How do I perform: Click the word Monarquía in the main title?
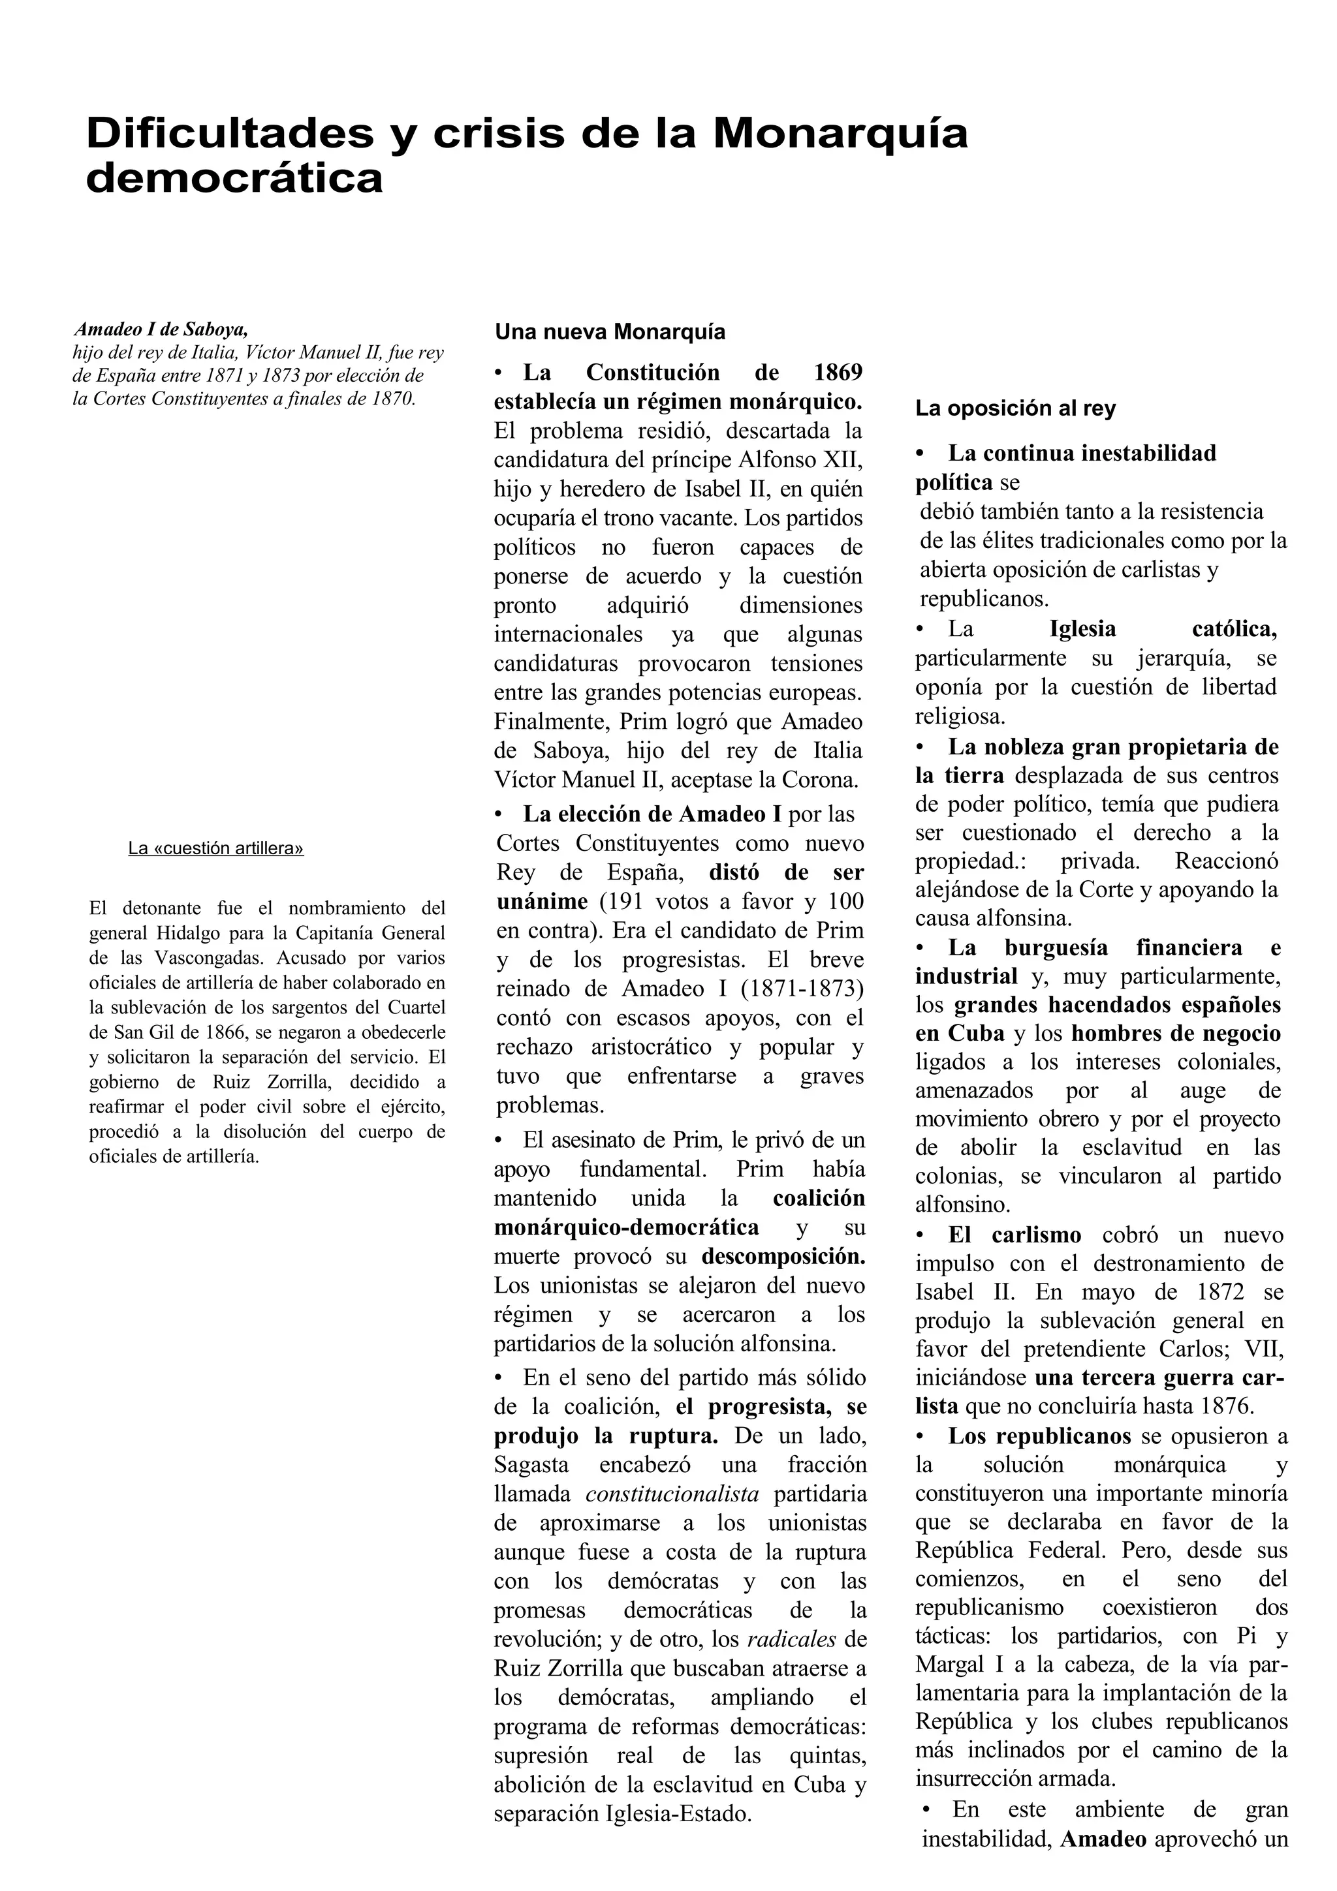click(x=840, y=133)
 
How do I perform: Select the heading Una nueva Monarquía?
click(x=610, y=332)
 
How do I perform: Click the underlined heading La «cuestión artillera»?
click(x=216, y=848)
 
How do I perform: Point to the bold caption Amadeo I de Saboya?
click(x=161, y=329)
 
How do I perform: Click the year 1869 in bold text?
click(x=838, y=373)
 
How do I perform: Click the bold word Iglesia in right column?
click(x=1082, y=629)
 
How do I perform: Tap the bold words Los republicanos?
click(x=1039, y=1436)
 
